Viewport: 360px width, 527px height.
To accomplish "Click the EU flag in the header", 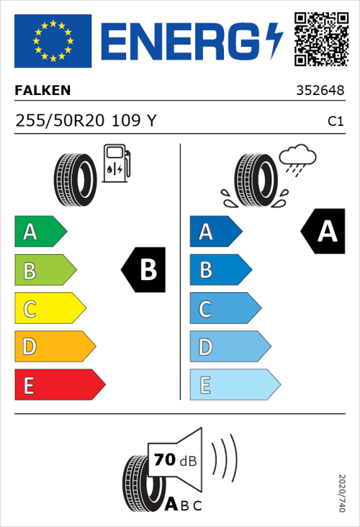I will pos(53,41).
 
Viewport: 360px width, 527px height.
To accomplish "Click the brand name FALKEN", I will pos(42,91).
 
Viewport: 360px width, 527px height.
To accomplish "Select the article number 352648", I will pos(319,91).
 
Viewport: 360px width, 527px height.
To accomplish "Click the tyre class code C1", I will pos(335,122).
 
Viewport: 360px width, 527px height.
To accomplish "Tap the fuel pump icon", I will pos(116,163).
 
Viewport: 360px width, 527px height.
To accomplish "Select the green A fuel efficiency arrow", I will pos(40,232).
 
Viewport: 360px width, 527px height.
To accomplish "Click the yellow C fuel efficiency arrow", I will pos(49,309).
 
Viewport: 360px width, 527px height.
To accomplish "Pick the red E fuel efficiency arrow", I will pos(59,385).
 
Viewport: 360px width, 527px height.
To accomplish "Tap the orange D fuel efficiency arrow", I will pos(54,347).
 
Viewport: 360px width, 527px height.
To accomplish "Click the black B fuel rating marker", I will pos(144,270).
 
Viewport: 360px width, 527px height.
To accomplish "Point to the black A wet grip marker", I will pos(323,232).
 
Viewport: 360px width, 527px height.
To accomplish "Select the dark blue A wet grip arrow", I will pos(215,232).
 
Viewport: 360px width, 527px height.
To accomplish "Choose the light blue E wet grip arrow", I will pos(234,385).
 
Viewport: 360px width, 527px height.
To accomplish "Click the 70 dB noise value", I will pos(173,459).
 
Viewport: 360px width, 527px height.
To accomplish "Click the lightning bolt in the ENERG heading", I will pos(275,41).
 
